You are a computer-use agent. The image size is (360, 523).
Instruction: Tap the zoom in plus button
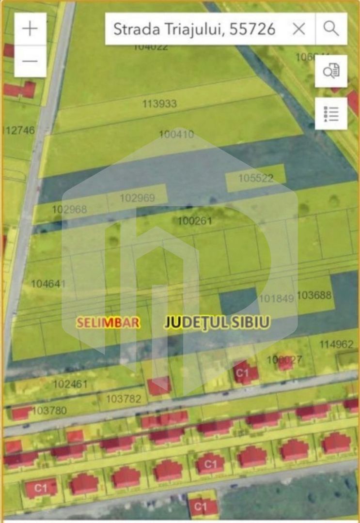[30, 29]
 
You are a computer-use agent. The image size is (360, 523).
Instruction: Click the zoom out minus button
[30, 61]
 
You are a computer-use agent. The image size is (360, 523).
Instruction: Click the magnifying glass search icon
[331, 29]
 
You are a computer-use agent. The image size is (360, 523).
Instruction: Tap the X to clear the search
[299, 29]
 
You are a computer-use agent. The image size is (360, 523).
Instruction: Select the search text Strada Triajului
[194, 29]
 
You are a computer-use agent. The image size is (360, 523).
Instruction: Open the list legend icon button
[331, 113]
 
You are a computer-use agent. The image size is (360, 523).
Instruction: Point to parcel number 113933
[159, 104]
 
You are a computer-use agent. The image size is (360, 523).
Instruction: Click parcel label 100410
[176, 134]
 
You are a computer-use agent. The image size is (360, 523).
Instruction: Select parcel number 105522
[256, 178]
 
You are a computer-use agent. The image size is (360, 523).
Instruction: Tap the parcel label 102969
[137, 198]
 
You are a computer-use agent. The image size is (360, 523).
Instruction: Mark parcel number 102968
[69, 209]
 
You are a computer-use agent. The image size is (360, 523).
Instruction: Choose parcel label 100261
[195, 221]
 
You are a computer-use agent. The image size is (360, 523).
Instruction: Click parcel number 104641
[48, 284]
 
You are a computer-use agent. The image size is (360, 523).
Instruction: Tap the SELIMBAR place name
[109, 323]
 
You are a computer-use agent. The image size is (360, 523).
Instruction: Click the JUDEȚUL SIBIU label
[217, 323]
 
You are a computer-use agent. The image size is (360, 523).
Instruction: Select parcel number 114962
[336, 344]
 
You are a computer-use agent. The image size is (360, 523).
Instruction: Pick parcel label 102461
[70, 384]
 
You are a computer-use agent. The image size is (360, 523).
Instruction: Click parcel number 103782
[124, 399]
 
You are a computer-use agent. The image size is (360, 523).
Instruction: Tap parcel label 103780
[49, 411]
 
